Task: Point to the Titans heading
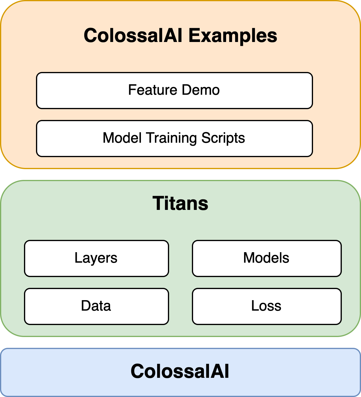(x=180, y=203)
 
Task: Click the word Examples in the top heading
(x=233, y=36)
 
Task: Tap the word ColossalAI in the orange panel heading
(x=133, y=35)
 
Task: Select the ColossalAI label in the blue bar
(x=180, y=371)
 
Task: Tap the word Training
(x=172, y=138)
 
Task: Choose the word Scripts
(x=223, y=138)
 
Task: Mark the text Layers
(x=96, y=258)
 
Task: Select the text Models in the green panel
(x=266, y=258)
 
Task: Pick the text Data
(x=96, y=306)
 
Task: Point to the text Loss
(x=266, y=306)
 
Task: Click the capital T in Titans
(x=159, y=203)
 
